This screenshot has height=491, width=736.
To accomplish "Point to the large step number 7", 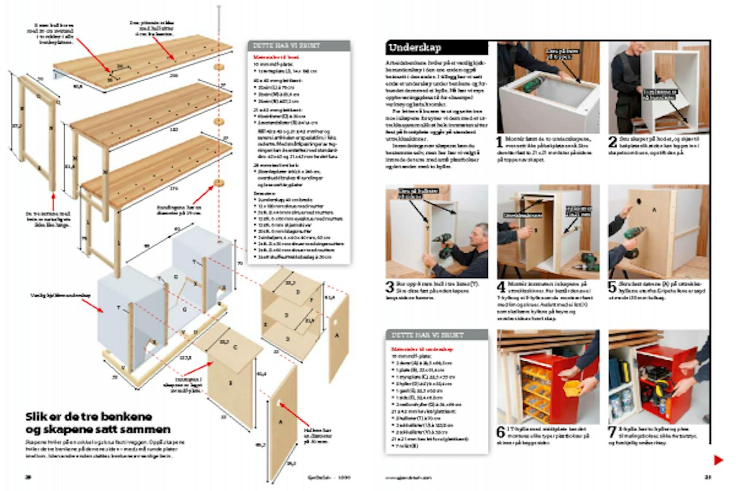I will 612,433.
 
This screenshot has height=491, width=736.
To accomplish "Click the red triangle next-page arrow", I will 718,460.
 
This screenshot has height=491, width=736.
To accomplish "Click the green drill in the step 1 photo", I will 530,85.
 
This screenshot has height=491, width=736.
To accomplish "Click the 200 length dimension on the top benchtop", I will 173,76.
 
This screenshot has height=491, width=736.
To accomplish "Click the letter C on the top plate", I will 235,347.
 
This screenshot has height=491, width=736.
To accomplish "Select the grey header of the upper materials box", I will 298,46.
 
